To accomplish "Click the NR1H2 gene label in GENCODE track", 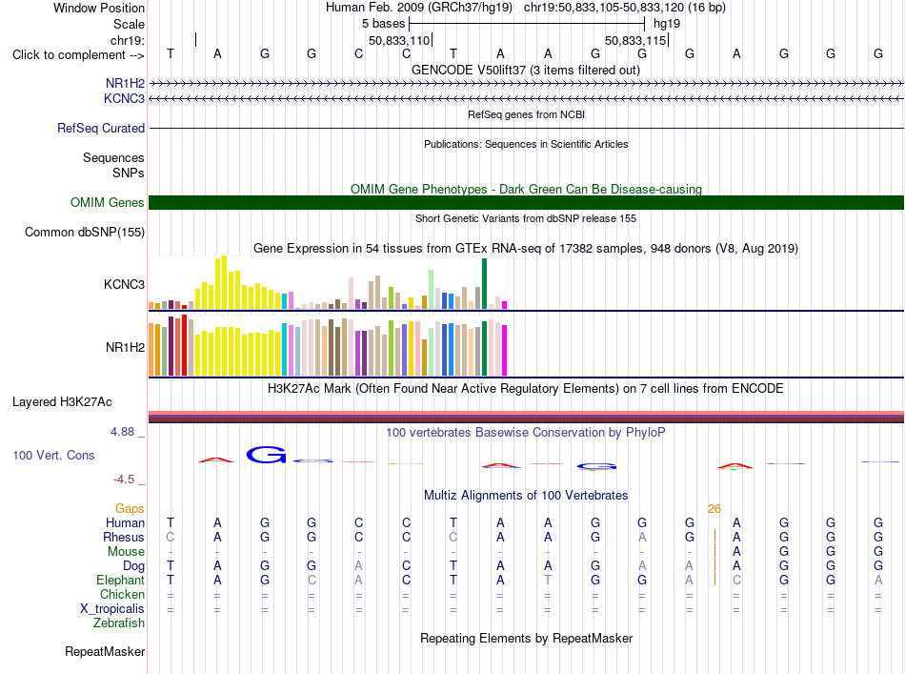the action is [x=125, y=83].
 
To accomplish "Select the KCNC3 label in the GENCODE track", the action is [x=124, y=99].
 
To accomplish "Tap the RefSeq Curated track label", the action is [x=101, y=128].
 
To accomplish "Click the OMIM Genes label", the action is [x=107, y=203].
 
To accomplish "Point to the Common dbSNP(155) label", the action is [x=85, y=233].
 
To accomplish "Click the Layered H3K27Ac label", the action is [x=62, y=402].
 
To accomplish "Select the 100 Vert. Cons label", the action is [x=53, y=455].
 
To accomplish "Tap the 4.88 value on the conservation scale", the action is [x=122, y=432].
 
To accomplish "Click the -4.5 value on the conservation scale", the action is [x=124, y=480].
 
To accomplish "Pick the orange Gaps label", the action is [x=130, y=508].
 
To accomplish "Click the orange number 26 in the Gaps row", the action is [x=714, y=509].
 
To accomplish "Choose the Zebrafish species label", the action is [x=119, y=623].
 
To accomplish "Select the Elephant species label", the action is [x=121, y=581].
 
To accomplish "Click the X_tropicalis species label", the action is [x=112, y=609].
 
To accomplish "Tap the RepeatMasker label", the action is [x=105, y=651].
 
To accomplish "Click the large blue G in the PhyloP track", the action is [x=266, y=455].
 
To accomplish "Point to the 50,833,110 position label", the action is [x=399, y=40].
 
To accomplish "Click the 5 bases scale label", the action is [x=384, y=24].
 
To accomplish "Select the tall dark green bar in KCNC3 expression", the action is [x=485, y=283].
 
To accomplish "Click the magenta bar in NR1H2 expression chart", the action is [x=505, y=351].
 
